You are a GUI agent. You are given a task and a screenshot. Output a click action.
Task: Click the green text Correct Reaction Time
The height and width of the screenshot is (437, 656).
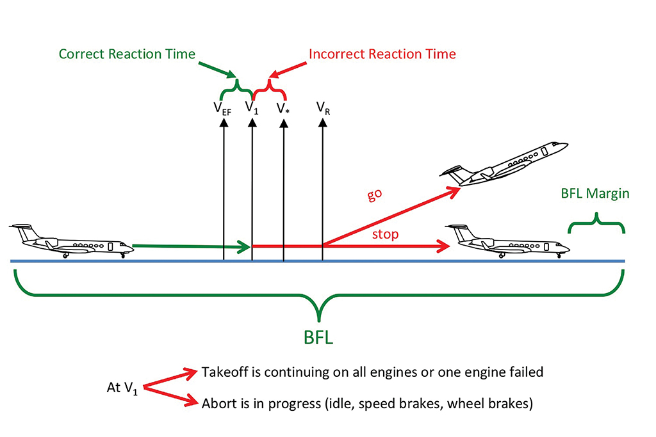tap(127, 54)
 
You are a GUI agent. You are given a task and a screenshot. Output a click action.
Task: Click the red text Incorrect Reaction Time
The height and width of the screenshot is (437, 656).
tap(382, 54)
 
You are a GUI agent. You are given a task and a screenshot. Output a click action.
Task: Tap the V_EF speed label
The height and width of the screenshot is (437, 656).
tap(223, 107)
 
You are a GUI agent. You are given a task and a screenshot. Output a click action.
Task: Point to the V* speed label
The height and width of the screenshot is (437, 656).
tap(283, 107)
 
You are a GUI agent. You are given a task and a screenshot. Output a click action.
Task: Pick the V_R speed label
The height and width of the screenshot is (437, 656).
tap(323, 107)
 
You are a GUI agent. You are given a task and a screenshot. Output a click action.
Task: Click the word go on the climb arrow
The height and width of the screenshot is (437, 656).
tap(376, 195)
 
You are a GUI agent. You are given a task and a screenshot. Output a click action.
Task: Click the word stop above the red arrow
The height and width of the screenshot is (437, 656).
tap(385, 234)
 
